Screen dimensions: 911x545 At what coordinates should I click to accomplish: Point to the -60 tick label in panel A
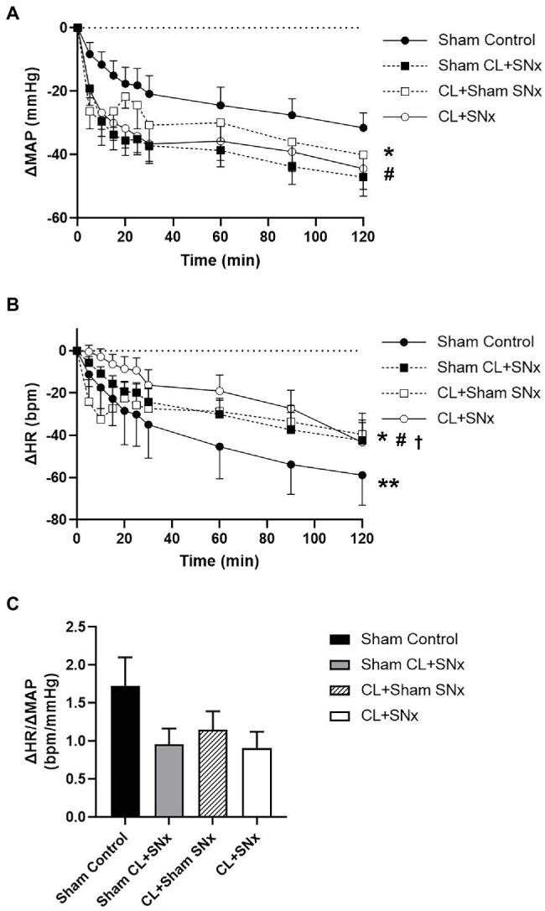click(x=57, y=219)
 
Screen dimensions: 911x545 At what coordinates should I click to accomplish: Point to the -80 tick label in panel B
click(x=57, y=521)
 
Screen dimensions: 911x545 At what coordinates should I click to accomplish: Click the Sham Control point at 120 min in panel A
click(x=363, y=128)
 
